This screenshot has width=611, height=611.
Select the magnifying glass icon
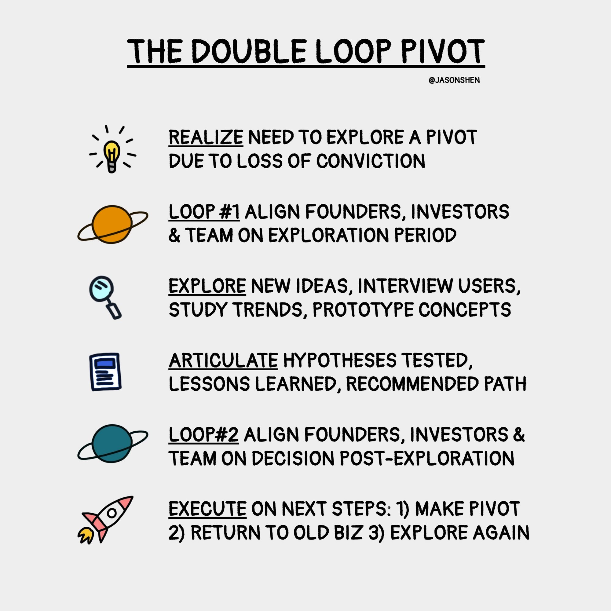click(x=105, y=297)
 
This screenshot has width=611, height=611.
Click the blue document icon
click(x=105, y=372)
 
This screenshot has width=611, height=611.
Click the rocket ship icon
click(x=105, y=520)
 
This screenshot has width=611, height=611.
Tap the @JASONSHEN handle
click(x=454, y=80)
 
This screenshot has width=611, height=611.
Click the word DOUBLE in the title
click(x=249, y=52)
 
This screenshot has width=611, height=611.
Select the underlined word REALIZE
click(x=206, y=137)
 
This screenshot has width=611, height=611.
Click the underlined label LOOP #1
click(x=204, y=212)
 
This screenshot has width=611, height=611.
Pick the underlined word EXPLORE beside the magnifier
click(x=207, y=286)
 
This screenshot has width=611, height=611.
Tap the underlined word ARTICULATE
click(x=223, y=360)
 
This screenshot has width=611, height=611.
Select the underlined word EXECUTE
click(x=207, y=509)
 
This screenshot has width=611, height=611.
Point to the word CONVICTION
click(x=371, y=161)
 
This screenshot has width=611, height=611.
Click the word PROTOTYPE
click(x=363, y=309)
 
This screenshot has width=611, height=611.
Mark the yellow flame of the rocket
click(x=86, y=536)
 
